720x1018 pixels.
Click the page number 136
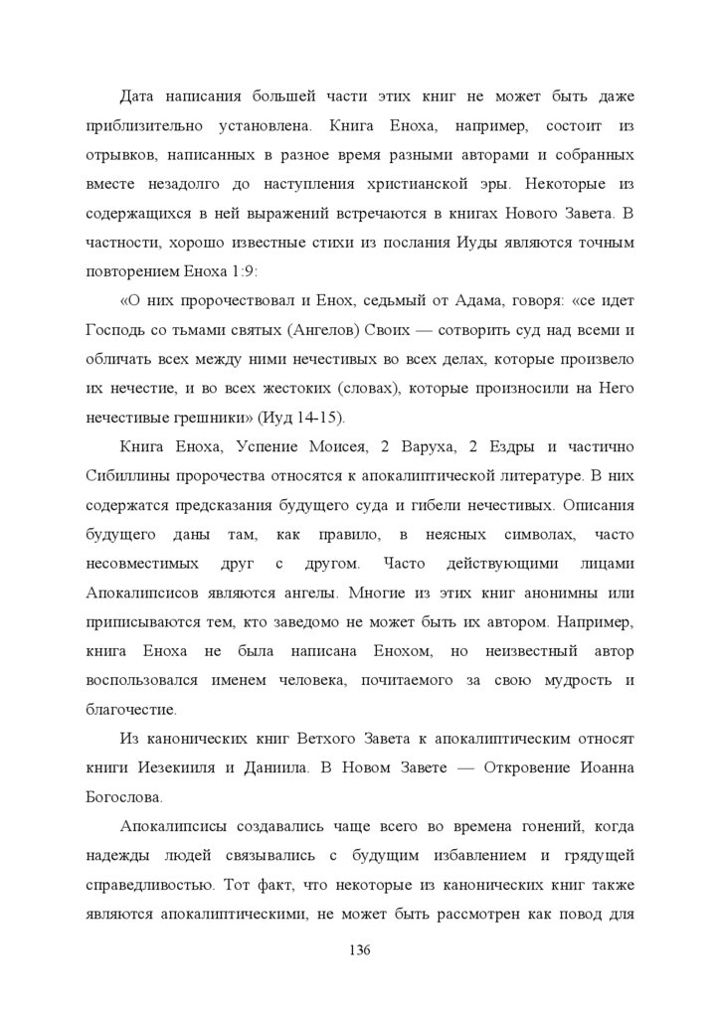(x=360, y=950)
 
